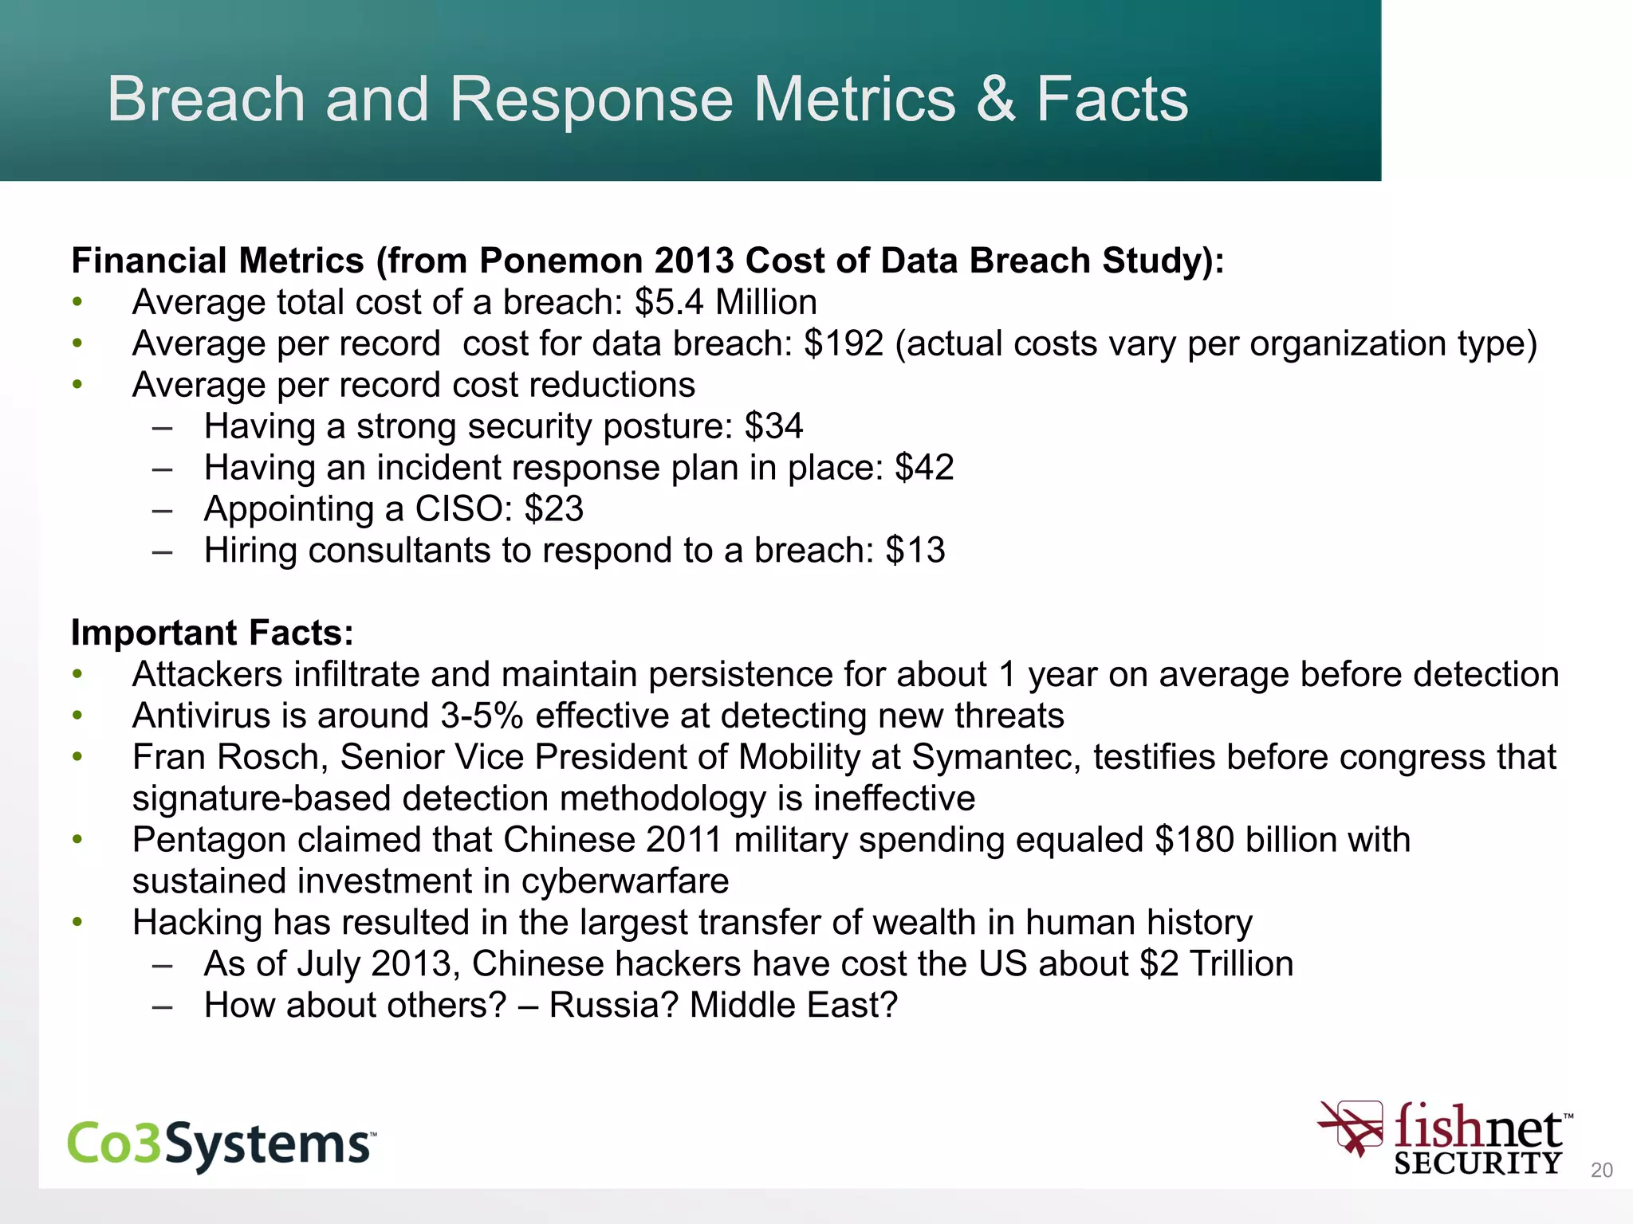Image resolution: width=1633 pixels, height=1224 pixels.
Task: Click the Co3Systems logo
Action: click(222, 1144)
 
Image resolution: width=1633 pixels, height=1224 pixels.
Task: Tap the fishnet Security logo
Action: click(1445, 1139)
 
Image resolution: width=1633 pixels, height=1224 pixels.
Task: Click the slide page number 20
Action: click(1601, 1170)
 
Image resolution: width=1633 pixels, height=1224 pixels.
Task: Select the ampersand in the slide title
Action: click(995, 99)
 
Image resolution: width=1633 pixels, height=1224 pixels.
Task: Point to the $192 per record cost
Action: click(844, 343)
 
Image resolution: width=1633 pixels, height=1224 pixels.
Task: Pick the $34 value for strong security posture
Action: click(773, 426)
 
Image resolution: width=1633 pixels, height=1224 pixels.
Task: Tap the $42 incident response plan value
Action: click(924, 468)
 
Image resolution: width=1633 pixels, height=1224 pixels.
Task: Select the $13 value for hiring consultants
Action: click(915, 551)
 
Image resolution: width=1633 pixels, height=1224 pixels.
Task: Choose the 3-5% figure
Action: click(482, 716)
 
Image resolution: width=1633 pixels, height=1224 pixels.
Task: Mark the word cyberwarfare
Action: click(625, 881)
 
